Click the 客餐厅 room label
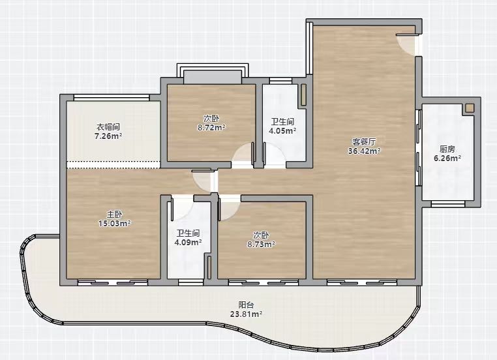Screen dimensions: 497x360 [x=364, y=142]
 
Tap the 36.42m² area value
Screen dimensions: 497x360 [x=364, y=151]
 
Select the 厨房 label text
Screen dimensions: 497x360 [x=447, y=149]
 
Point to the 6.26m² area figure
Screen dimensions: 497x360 [x=447, y=158]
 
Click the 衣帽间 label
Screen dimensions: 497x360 [x=108, y=127]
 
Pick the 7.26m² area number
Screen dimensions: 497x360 [x=108, y=136]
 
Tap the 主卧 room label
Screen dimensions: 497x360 [x=114, y=214]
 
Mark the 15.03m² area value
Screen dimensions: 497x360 [x=114, y=224]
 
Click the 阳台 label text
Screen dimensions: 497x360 [x=246, y=305]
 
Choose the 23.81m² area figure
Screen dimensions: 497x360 [x=246, y=314]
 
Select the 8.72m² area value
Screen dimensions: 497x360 [x=211, y=128]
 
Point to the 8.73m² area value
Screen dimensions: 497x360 [x=261, y=245]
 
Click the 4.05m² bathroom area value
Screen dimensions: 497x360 [x=282, y=130]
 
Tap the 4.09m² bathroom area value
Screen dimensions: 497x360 [x=188, y=243]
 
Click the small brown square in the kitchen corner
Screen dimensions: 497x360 [x=470, y=108]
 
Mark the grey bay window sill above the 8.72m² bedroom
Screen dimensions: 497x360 [x=213, y=77]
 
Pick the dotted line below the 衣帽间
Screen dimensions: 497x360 [x=113, y=164]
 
